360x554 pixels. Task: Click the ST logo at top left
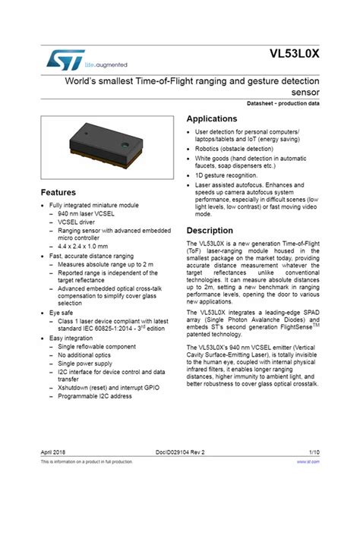coord(60,58)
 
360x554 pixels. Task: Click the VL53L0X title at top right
coord(293,55)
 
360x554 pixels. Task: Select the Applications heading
coord(212,119)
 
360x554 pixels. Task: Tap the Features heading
coord(58,192)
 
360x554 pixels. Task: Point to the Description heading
coord(210,230)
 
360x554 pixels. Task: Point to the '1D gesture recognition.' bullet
coord(226,174)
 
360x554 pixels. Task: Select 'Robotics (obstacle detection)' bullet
coord(233,149)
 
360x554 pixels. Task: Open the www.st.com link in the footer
coord(308,461)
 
